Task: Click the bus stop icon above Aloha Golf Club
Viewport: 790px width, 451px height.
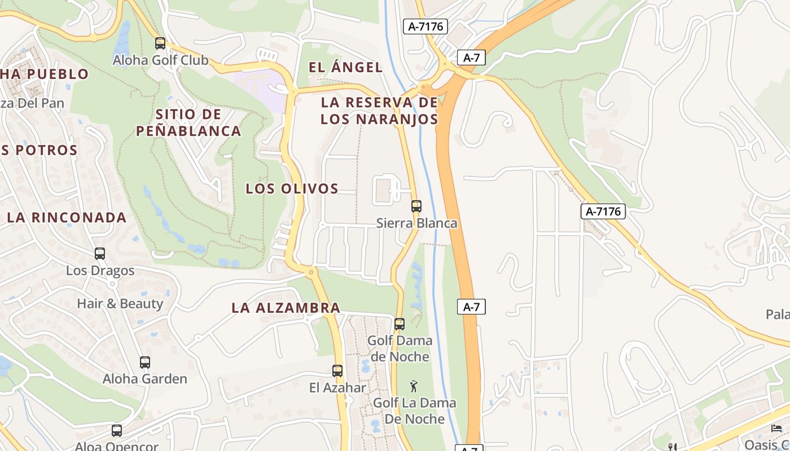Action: click(160, 43)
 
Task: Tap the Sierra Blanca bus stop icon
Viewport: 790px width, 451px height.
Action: click(416, 206)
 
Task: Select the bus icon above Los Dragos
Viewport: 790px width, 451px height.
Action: click(100, 254)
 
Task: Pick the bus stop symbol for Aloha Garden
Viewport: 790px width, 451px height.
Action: click(145, 362)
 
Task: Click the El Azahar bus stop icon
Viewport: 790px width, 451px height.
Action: click(337, 371)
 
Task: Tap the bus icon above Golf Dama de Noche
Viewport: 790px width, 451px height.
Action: click(400, 324)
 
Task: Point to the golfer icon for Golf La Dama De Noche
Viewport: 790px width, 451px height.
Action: click(414, 386)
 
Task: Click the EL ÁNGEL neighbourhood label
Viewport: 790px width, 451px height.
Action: click(345, 67)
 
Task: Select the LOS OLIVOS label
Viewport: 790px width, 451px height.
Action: click(292, 188)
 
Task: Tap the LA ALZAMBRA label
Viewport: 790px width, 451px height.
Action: click(286, 308)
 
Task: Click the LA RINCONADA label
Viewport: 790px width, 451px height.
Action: click(67, 218)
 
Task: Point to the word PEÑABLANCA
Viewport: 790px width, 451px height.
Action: click(188, 131)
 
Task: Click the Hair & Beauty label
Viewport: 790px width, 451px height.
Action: click(120, 304)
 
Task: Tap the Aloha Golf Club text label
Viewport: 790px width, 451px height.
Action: click(160, 60)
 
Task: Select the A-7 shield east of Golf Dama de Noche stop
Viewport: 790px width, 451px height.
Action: click(471, 307)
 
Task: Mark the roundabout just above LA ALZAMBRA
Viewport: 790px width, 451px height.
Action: click(310, 272)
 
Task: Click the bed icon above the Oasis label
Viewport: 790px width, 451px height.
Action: click(777, 428)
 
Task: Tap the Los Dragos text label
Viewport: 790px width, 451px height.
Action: click(100, 271)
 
